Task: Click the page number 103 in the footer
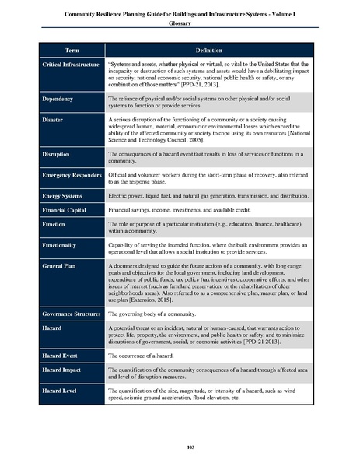pyautogui.click(x=180, y=446)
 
